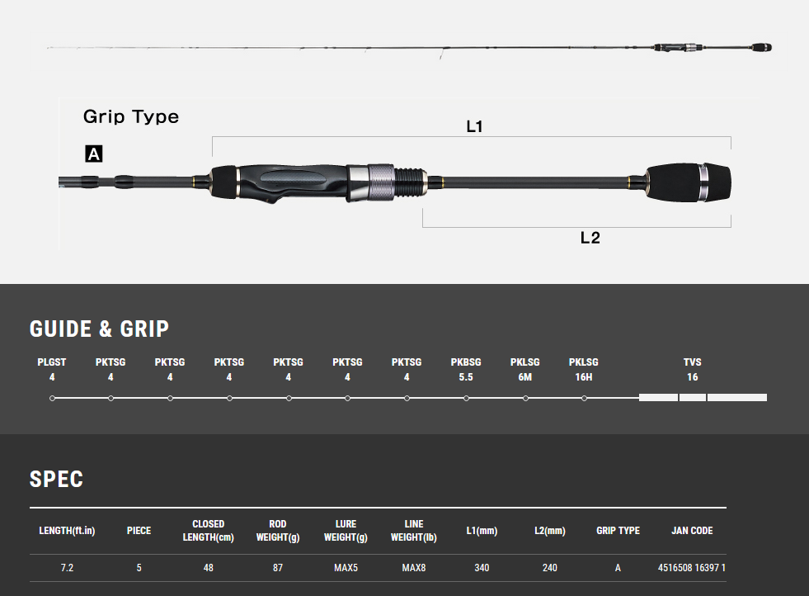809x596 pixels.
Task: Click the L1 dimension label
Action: point(474,126)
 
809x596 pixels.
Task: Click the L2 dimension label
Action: point(590,238)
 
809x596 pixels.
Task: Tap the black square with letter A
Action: point(94,154)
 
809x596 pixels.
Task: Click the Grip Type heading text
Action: point(131,116)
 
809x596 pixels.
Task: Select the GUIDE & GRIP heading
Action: point(99,329)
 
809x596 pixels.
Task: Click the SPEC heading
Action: point(56,480)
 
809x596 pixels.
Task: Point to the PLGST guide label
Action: point(52,362)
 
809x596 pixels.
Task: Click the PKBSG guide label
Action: point(466,362)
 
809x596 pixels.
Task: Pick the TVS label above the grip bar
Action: point(693,362)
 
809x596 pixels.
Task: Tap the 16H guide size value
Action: point(584,377)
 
